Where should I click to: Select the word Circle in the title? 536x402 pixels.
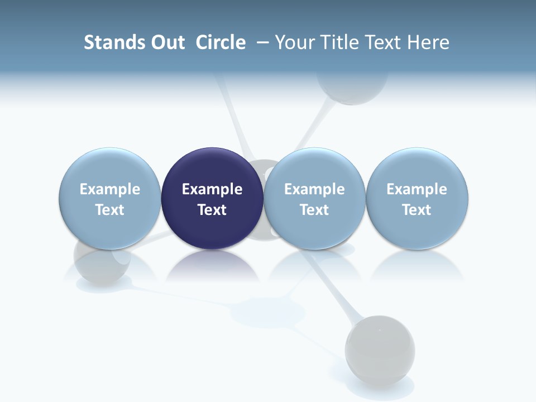(221, 42)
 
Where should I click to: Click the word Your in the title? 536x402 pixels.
(295, 42)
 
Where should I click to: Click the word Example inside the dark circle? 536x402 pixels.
(212, 189)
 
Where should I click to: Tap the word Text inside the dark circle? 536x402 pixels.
(212, 210)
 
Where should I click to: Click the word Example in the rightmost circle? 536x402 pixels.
(417, 189)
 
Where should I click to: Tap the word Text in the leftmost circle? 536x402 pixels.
(109, 210)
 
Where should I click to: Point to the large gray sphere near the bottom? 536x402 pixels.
(380, 350)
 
